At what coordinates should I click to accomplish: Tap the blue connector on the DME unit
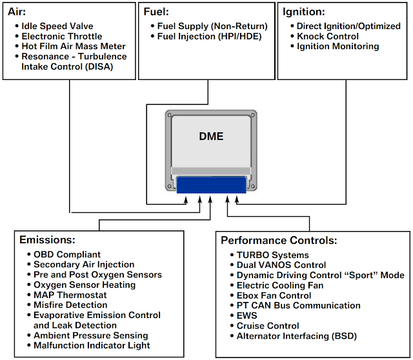pos(212,185)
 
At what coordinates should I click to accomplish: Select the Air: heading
pos(16,12)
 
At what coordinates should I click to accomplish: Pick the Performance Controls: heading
pos(279,240)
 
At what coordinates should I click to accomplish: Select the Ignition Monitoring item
pos(338,46)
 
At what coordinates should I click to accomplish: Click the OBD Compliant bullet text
pos(67,254)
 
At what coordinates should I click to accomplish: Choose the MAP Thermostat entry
pos(70,295)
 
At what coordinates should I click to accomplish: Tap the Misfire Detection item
pos(70,305)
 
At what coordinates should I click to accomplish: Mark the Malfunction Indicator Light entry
pos(91,346)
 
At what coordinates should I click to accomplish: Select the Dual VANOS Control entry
pos(281,265)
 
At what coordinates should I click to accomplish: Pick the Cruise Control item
pos(268,326)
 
